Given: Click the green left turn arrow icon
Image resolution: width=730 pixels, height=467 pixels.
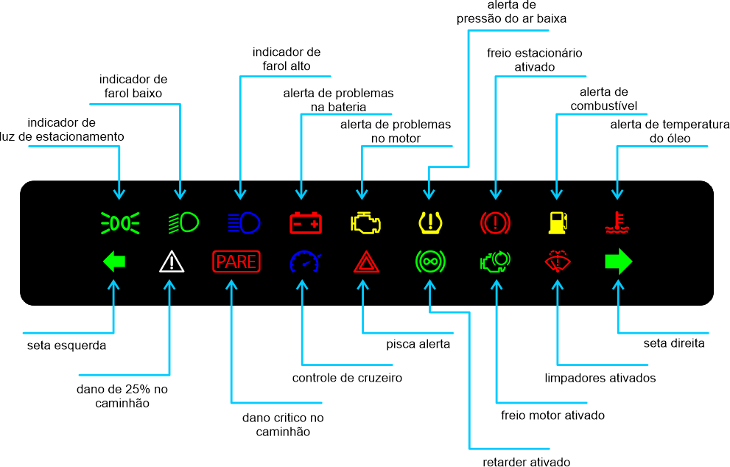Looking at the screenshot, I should click(114, 261).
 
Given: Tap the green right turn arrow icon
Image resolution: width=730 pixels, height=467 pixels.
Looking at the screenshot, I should click(618, 261).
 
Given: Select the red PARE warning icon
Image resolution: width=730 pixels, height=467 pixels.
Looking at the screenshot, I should click(236, 261).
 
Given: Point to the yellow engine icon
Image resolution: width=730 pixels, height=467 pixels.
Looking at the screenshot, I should click(364, 221).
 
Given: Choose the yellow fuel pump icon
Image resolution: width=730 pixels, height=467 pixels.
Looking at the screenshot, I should click(558, 221).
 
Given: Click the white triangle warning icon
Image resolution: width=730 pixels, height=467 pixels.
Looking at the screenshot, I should click(171, 261).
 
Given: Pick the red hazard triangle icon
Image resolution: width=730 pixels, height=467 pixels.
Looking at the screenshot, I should click(365, 262).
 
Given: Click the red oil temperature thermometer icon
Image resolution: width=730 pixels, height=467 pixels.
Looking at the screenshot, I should click(617, 222).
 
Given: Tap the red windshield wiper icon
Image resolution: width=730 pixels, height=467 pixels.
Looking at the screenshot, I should click(558, 261).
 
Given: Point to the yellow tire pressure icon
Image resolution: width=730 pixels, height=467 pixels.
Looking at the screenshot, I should click(429, 221).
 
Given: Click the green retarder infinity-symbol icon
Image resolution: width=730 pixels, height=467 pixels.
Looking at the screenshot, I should click(429, 261).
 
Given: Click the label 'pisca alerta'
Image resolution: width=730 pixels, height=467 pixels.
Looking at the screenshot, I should click(418, 343).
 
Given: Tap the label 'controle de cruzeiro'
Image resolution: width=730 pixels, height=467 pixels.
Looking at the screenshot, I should click(347, 379).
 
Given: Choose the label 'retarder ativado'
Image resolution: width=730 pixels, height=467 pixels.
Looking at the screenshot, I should click(526, 462).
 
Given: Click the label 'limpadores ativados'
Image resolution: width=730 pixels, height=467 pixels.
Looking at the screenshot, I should click(600, 378).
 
